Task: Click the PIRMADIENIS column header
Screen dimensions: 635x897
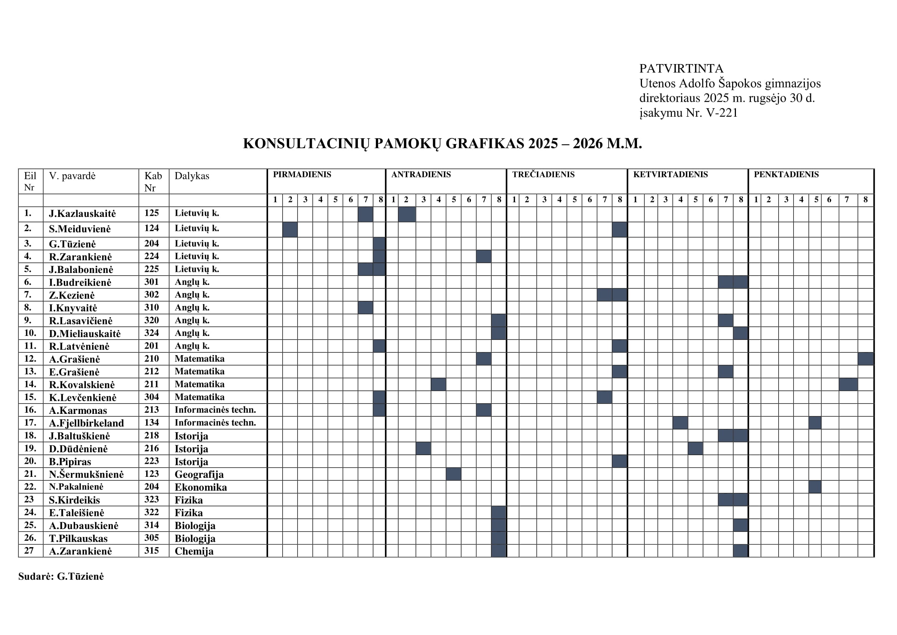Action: click(x=301, y=174)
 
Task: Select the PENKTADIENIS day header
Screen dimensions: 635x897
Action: click(x=786, y=174)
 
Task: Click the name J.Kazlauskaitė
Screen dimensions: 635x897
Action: click(x=82, y=213)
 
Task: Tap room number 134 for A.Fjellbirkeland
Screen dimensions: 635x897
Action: click(x=151, y=422)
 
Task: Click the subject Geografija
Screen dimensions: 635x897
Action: click(x=199, y=474)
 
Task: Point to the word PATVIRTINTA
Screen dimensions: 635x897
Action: click(x=681, y=68)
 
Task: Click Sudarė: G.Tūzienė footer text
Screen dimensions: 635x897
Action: click(x=61, y=576)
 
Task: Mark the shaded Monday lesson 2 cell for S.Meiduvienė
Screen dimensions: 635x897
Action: click(x=290, y=230)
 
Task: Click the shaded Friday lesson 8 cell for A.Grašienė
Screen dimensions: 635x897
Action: click(x=865, y=359)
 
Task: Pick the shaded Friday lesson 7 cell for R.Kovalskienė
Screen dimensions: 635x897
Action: click(x=848, y=384)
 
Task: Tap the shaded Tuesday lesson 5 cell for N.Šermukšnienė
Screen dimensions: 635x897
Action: click(x=453, y=474)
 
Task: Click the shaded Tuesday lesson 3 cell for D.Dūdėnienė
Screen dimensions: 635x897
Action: click(x=423, y=448)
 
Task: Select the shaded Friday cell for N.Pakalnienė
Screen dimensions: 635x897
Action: click(x=815, y=487)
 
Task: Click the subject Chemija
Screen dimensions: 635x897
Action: click(x=194, y=551)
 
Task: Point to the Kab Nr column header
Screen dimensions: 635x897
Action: click(x=153, y=182)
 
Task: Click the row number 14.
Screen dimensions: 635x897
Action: click(x=30, y=384)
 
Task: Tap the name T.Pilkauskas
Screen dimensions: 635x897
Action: click(x=78, y=538)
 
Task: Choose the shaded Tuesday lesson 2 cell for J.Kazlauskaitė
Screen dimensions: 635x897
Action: click(x=407, y=214)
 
